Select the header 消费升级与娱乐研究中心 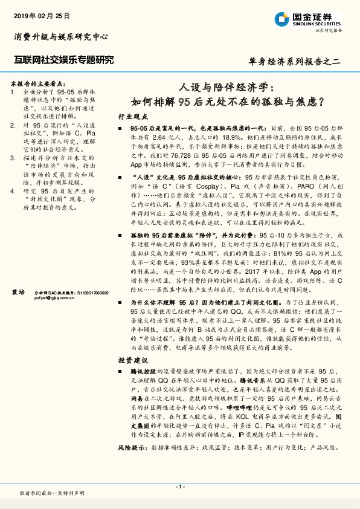61,37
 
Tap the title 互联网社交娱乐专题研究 63,59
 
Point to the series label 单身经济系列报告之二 295,60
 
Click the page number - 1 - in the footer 180,486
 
